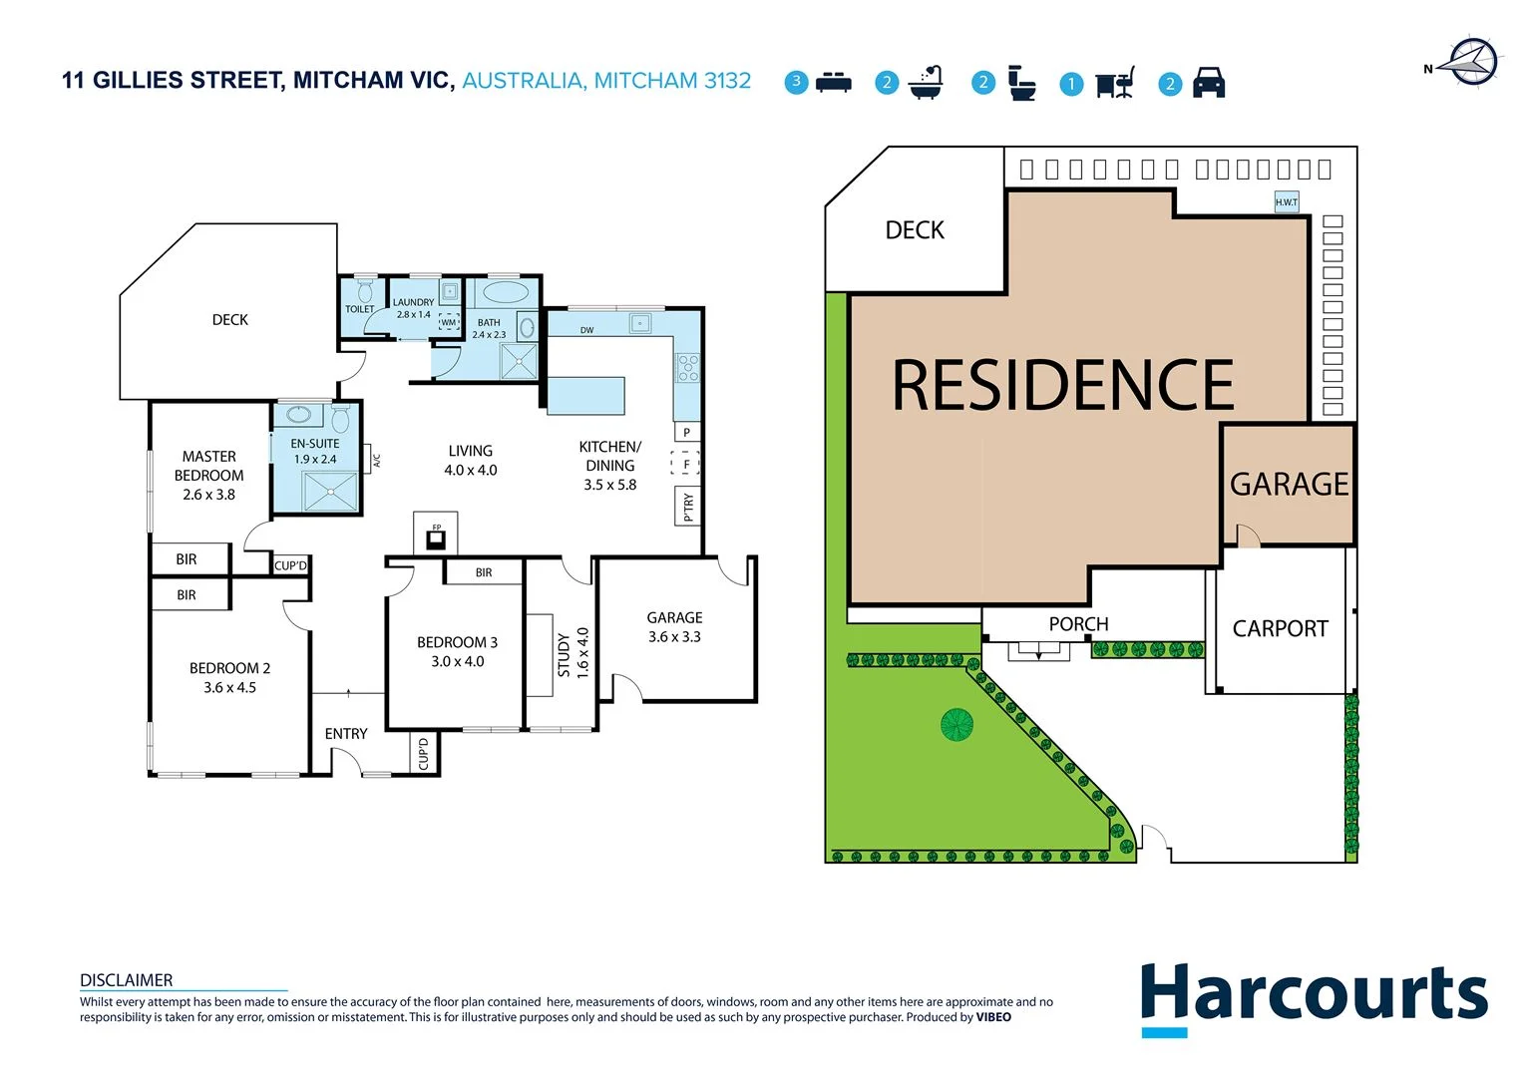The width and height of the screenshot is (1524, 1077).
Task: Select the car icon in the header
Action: click(x=1208, y=83)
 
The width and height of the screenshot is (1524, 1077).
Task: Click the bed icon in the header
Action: click(x=833, y=83)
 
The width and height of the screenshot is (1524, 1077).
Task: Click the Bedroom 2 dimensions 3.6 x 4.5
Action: click(x=229, y=687)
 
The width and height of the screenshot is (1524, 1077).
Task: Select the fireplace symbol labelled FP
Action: click(x=436, y=539)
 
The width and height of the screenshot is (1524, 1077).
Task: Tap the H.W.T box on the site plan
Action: click(x=1286, y=202)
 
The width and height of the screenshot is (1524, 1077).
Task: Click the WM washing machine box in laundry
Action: click(x=449, y=322)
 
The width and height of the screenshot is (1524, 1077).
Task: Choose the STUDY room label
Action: click(x=564, y=654)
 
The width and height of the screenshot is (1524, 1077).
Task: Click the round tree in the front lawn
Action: click(x=957, y=724)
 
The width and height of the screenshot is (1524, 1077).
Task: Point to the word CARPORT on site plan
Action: click(x=1280, y=629)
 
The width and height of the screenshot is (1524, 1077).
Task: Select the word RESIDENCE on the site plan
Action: click(x=1062, y=386)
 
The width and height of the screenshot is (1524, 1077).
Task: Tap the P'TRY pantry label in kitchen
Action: click(x=687, y=507)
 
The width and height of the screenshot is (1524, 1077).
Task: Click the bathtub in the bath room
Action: click(x=504, y=293)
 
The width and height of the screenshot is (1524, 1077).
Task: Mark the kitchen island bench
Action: click(x=585, y=395)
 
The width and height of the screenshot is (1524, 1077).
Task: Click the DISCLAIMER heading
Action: click(x=126, y=980)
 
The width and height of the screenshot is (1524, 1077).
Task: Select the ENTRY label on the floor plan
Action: click(x=346, y=734)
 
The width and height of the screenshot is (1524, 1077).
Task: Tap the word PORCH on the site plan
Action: click(x=1078, y=624)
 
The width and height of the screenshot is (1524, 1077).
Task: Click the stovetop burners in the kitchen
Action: click(x=687, y=368)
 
